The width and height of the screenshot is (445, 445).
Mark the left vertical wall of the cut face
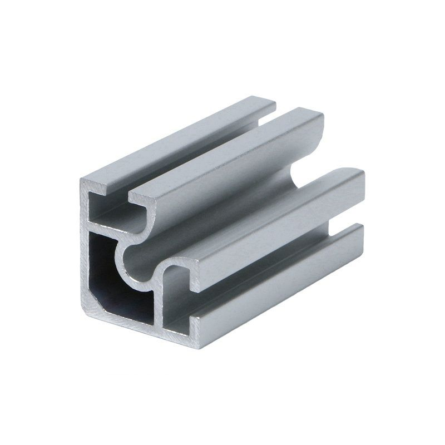(x=83, y=250)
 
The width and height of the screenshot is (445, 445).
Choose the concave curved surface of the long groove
(x=222, y=222)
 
